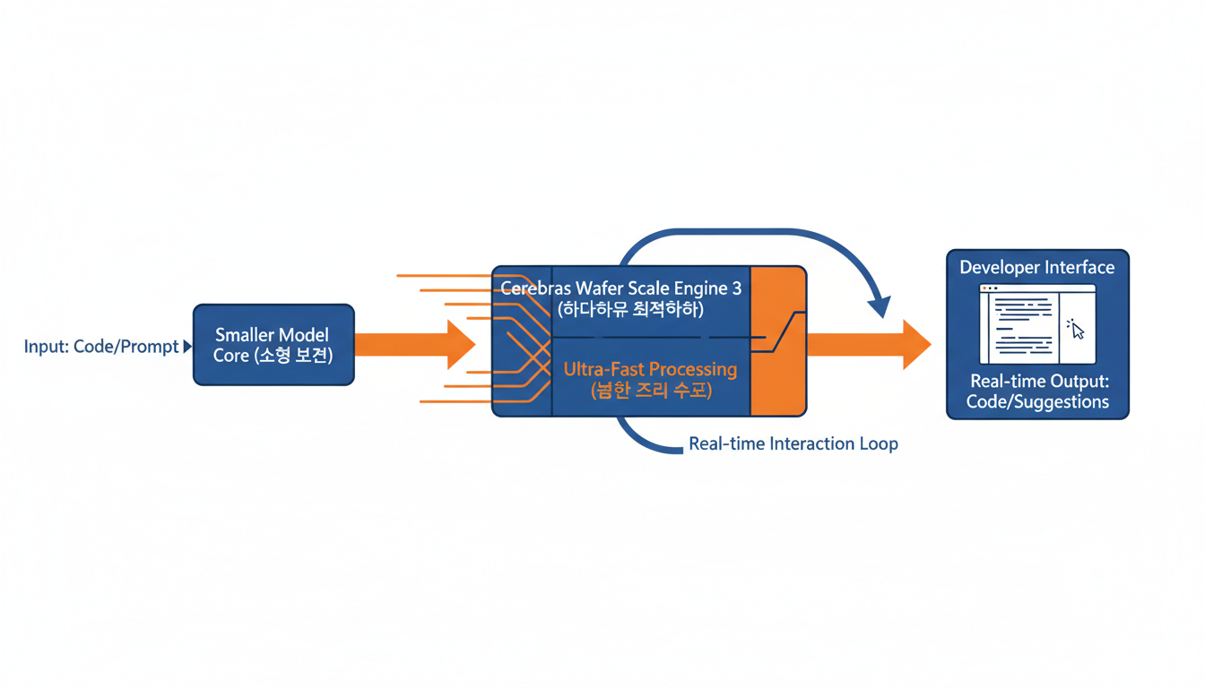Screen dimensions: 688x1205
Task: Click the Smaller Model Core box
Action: click(x=273, y=345)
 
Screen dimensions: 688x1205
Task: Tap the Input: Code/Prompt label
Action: click(x=101, y=347)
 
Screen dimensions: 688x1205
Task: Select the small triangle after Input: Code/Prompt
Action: click(x=187, y=346)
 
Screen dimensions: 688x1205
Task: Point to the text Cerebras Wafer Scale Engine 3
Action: click(x=620, y=289)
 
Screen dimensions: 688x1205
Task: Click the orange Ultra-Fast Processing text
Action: click(x=650, y=369)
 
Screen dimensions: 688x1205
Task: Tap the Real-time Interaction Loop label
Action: click(x=793, y=443)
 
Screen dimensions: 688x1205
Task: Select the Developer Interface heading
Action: click(x=1037, y=267)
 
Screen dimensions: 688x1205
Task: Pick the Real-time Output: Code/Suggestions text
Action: click(x=1037, y=392)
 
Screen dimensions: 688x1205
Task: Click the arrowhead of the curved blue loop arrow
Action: click(x=881, y=307)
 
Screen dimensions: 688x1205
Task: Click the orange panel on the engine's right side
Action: click(x=777, y=340)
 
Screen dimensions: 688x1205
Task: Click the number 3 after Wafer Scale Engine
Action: click(x=736, y=289)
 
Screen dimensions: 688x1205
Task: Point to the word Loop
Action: click(x=878, y=443)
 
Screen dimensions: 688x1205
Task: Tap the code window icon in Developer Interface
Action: click(x=1037, y=324)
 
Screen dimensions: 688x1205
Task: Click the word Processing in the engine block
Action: click(x=694, y=369)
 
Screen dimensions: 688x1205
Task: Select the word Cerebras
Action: click(x=536, y=289)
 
